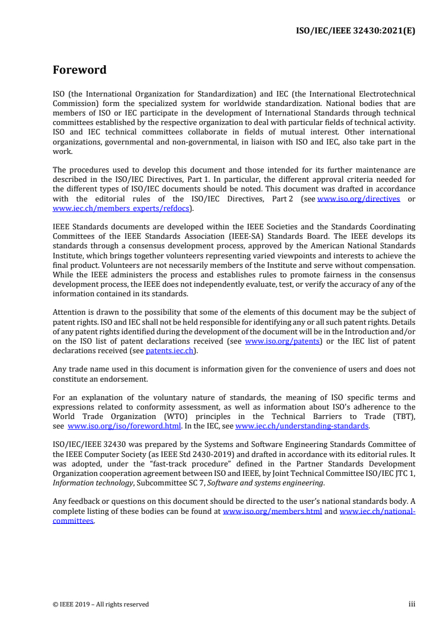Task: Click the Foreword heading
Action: click(79, 70)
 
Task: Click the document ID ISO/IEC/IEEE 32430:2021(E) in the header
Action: click(355, 31)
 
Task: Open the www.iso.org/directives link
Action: click(359, 199)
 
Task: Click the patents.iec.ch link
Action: click(169, 350)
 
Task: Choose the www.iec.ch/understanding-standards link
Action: click(302, 426)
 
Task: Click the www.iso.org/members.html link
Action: click(272, 511)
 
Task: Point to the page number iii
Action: click(412, 604)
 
